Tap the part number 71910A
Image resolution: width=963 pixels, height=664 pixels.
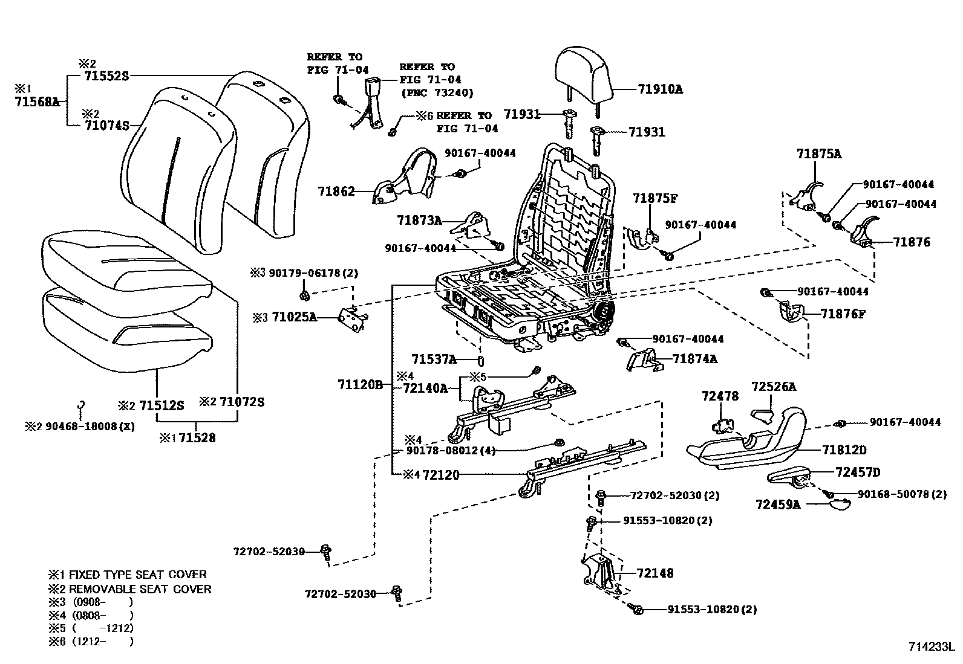(660, 89)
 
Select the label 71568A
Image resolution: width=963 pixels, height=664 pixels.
(37, 102)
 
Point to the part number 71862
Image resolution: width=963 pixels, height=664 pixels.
(336, 191)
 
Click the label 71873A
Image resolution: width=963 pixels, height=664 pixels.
(419, 221)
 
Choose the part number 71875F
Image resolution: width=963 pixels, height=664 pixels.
(655, 198)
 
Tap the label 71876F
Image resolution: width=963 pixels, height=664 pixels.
(843, 314)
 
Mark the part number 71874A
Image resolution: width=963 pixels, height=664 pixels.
(695, 359)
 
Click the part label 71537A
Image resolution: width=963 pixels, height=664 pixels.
(434, 359)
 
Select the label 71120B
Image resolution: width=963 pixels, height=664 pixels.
(360, 384)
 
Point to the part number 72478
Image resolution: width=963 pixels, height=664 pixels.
(720, 396)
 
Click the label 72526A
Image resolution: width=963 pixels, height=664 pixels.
(774, 387)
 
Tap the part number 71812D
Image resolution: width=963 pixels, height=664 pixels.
(844, 450)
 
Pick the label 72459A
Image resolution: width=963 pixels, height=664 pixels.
(778, 504)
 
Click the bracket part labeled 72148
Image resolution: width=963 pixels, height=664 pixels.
(602, 574)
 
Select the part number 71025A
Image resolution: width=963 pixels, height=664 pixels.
(294, 317)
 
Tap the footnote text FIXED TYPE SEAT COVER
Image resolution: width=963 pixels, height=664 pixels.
(137, 575)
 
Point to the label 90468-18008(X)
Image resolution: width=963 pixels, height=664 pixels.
(90, 427)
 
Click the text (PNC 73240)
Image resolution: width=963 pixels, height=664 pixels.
(437, 93)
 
